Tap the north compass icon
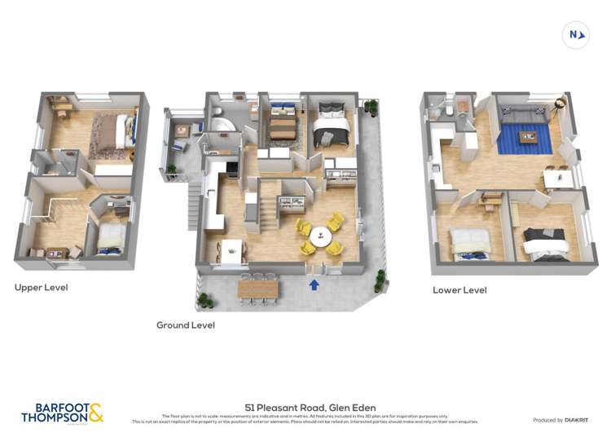click(575, 34)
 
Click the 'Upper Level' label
click(41, 288)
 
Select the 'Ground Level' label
click(186, 325)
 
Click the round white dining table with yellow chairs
click(320, 236)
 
